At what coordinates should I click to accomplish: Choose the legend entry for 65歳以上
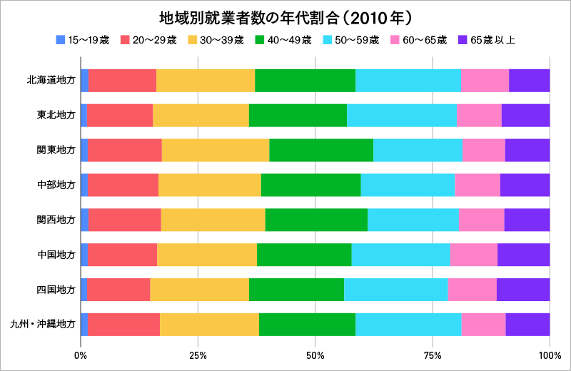[x=492, y=40]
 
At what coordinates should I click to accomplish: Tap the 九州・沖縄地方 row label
[x=43, y=325]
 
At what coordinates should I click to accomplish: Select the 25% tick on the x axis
[x=198, y=355]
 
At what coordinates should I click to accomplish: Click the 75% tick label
[x=433, y=355]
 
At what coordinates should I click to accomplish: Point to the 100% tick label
[x=550, y=355]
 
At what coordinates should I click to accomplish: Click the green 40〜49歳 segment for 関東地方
[x=321, y=151]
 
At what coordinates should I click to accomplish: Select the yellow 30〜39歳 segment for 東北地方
[x=201, y=115]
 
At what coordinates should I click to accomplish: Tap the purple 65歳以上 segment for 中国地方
[x=523, y=255]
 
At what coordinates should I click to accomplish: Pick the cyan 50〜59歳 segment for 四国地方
[x=395, y=290]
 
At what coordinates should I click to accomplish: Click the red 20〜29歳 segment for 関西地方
[x=124, y=220]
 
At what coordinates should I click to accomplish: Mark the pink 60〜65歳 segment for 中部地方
[x=477, y=185]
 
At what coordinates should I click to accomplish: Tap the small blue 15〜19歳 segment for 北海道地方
[x=84, y=81]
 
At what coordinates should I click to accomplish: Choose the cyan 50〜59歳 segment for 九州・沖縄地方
[x=408, y=325]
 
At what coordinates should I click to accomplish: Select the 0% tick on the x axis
[x=81, y=355]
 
